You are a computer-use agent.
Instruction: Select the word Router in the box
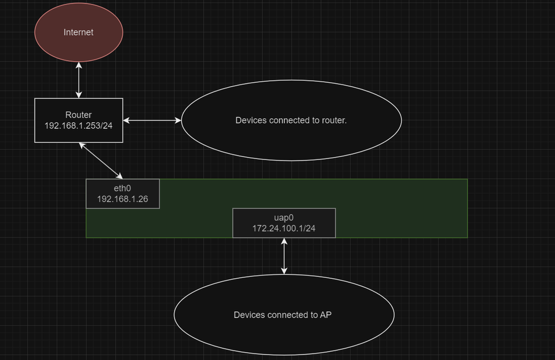click(x=78, y=115)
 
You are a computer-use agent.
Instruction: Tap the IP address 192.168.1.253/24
click(x=78, y=126)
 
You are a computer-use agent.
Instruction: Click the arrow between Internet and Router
click(x=79, y=81)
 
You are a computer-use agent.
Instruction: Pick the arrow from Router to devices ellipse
click(x=152, y=120)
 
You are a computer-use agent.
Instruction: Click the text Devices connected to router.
click(x=291, y=120)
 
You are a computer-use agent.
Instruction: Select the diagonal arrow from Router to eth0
click(x=101, y=160)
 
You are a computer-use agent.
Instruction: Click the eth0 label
click(x=122, y=188)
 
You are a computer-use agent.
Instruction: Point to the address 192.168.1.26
click(x=122, y=199)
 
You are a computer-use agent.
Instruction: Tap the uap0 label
click(x=283, y=217)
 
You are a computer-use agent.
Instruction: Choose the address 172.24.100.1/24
click(x=283, y=228)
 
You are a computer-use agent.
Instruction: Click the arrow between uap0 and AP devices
click(x=284, y=256)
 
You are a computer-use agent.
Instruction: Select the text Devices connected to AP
click(x=283, y=315)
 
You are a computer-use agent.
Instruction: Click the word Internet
click(x=78, y=32)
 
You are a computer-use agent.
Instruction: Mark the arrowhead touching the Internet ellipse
click(x=79, y=65)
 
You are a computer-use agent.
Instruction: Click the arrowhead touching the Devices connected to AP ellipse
click(x=284, y=271)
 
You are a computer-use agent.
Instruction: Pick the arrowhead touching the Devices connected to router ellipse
click(x=178, y=120)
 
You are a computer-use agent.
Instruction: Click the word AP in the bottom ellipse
click(x=326, y=315)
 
